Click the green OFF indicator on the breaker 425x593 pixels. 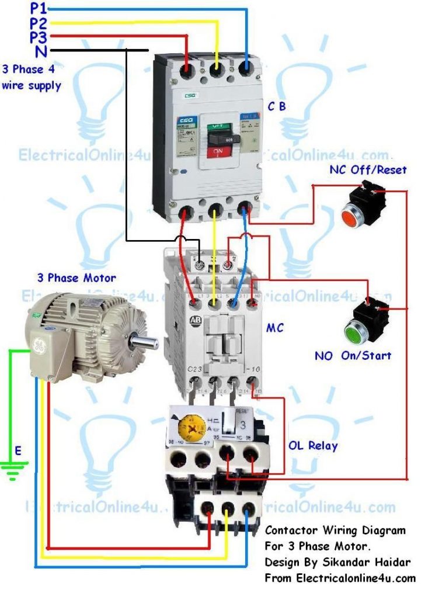(x=218, y=125)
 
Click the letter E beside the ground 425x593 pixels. (x=18, y=450)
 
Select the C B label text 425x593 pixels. (x=277, y=106)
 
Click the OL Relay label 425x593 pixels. (x=312, y=445)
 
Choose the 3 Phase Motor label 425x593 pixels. (x=76, y=278)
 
